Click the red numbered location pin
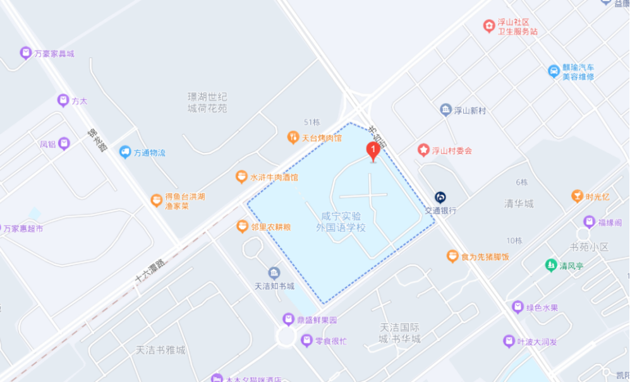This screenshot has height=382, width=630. tap(373, 151)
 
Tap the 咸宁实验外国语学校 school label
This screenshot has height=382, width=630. tap(342, 222)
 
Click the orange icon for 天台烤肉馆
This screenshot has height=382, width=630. tap(293, 136)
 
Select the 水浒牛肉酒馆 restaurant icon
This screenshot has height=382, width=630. tap(241, 177)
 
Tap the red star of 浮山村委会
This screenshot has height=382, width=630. tap(423, 150)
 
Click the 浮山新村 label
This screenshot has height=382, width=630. tap(470, 110)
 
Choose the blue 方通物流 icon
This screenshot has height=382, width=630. tap(124, 152)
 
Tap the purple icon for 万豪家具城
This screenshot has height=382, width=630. tap(25, 53)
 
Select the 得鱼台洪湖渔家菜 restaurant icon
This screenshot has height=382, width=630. tap(156, 201)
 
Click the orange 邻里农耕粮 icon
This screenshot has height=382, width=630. tap(241, 226)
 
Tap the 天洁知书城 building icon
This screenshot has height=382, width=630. tap(274, 273)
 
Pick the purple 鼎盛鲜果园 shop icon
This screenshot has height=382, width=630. tap(288, 319)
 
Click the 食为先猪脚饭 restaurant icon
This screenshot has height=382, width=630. tap(452, 256)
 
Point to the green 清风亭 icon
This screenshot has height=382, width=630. tap(550, 265)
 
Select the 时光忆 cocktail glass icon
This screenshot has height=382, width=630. tap(576, 196)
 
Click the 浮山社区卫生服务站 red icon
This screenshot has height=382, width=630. tap(488, 26)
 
